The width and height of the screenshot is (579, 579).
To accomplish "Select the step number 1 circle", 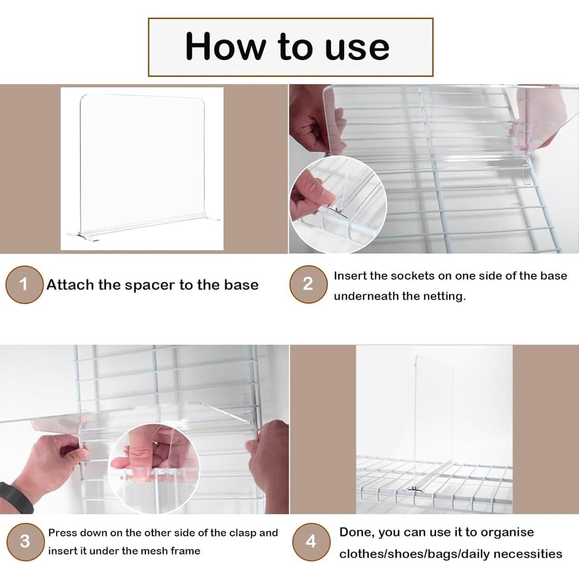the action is pos(24,285).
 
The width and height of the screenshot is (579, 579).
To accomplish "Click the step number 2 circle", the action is pos(308,284).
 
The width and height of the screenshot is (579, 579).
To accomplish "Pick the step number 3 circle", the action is pos(25,542).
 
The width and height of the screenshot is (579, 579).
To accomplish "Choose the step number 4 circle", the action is pos(311,542).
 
